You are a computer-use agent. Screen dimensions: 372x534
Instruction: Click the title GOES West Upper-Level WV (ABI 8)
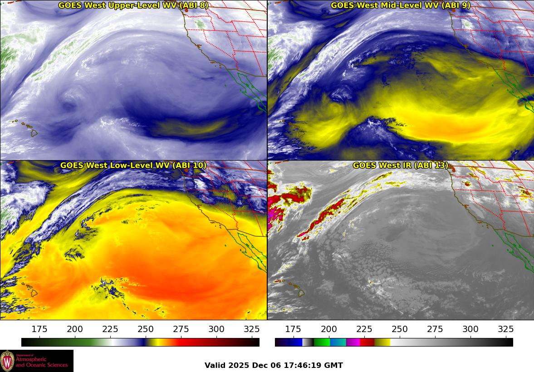pos(133,5)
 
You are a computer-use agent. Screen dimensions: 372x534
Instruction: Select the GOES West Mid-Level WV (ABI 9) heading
pos(401,5)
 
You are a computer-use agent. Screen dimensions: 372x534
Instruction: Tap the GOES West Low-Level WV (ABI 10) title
pos(133,166)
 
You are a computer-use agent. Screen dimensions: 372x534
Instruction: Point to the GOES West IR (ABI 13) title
pos(401,166)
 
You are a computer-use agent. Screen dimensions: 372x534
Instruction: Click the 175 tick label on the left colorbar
pos(39,329)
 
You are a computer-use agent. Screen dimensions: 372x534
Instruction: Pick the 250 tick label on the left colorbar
pos(146,329)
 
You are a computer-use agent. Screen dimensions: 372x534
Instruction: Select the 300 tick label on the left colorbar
pos(216,329)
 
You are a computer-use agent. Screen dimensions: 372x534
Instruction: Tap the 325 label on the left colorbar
pos(252,329)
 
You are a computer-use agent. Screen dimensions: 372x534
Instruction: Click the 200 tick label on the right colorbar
pos(328,329)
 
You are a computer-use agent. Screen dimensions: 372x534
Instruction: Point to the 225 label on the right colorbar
pos(364,329)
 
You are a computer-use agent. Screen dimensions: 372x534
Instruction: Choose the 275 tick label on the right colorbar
pos(435,329)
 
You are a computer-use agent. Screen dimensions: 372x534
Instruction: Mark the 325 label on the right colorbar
pos(505,329)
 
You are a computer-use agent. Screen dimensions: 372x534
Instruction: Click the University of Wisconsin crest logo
pos(7,361)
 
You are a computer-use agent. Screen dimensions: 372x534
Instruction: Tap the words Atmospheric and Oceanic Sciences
pos(41,362)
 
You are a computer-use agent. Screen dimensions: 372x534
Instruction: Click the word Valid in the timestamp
pos(215,366)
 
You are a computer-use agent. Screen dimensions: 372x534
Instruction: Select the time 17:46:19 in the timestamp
pos(306,366)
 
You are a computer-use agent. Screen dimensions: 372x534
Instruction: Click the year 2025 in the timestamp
pos(238,366)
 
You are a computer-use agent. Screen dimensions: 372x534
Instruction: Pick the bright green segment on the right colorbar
pos(321,342)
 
